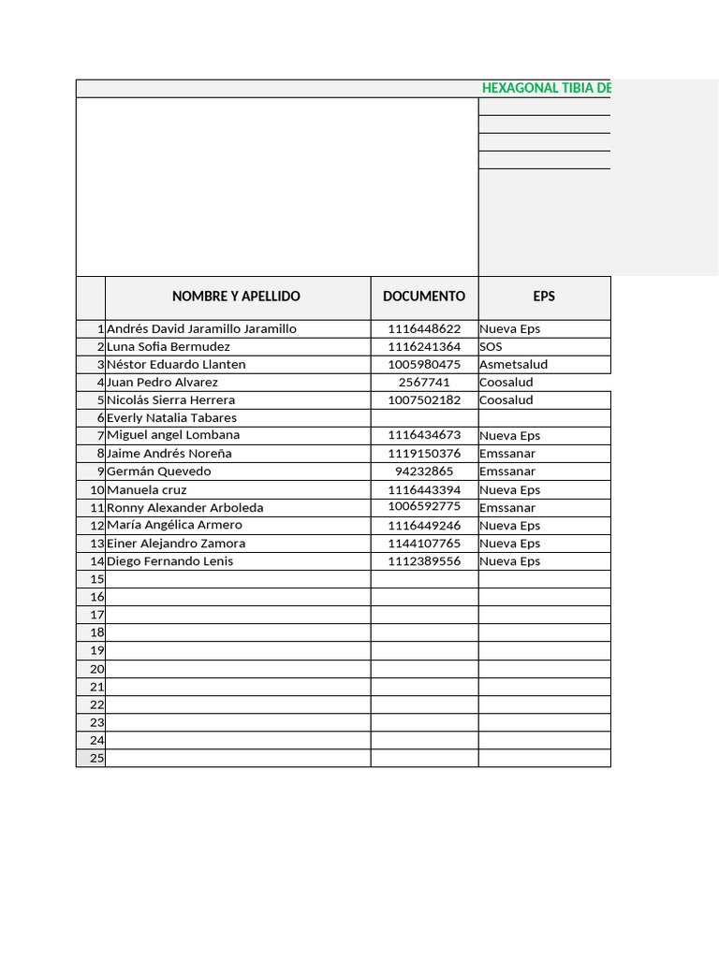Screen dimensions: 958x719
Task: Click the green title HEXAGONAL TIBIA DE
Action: [x=547, y=88]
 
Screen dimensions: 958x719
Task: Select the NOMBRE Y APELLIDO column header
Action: [x=236, y=297]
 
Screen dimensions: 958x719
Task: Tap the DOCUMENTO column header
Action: [x=424, y=297]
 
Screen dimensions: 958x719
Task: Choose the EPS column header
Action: [x=544, y=297]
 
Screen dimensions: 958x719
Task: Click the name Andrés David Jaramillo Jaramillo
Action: [x=201, y=329]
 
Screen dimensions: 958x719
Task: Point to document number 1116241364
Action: [x=424, y=347]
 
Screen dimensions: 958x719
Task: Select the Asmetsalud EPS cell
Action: [x=513, y=365]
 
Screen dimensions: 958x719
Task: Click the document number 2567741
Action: [x=424, y=383]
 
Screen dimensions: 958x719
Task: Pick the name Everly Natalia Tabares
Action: [x=171, y=418]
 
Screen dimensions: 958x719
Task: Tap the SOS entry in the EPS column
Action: [x=492, y=347]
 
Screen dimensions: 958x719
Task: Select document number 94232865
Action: [x=424, y=472]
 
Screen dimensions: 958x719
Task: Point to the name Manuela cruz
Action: [x=146, y=490]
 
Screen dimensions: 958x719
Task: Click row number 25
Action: [x=96, y=759]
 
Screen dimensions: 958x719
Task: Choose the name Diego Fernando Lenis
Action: [x=169, y=561]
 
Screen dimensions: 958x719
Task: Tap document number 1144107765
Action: [x=424, y=544]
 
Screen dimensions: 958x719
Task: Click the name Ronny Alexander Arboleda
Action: [x=184, y=508]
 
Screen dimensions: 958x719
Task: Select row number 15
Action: [x=96, y=580]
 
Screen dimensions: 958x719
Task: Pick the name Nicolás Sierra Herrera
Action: [x=170, y=400]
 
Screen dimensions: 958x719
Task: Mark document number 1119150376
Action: [x=424, y=454]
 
